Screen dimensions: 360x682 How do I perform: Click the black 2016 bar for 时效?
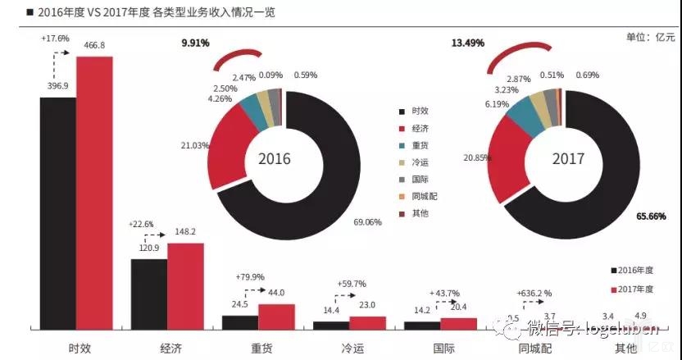(x=58, y=213)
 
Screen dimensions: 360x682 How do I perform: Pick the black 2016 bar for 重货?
(x=240, y=322)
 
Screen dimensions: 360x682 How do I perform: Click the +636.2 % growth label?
(x=534, y=293)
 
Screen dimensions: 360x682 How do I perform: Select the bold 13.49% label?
(x=467, y=43)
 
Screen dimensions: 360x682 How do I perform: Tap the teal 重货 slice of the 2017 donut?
(x=519, y=119)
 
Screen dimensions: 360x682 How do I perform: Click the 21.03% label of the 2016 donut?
(x=195, y=145)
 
